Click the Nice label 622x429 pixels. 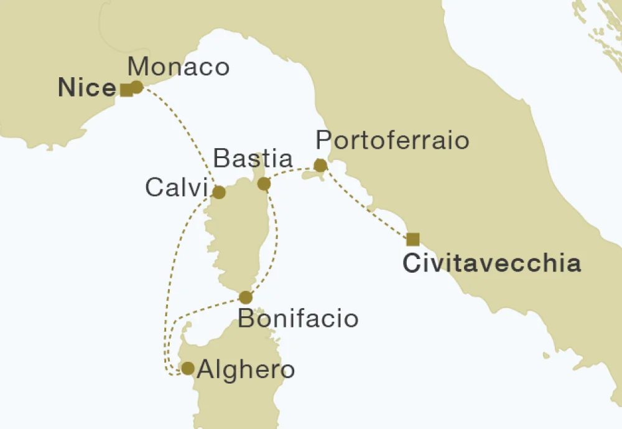(86, 88)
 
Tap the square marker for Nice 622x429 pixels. (126, 90)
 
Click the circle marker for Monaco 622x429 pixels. (136, 87)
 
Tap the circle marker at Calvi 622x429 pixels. (219, 192)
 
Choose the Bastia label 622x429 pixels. (253, 159)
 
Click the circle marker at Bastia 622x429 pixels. (264, 184)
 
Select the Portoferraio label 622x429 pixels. (392, 140)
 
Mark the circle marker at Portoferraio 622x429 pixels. (320, 165)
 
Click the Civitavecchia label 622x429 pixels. (491, 263)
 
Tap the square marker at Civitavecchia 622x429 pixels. (412, 239)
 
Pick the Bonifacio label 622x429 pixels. (299, 319)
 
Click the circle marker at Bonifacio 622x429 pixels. (246, 297)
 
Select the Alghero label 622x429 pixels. (245, 370)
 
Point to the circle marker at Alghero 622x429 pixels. (187, 369)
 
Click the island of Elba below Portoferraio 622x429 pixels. (311, 178)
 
